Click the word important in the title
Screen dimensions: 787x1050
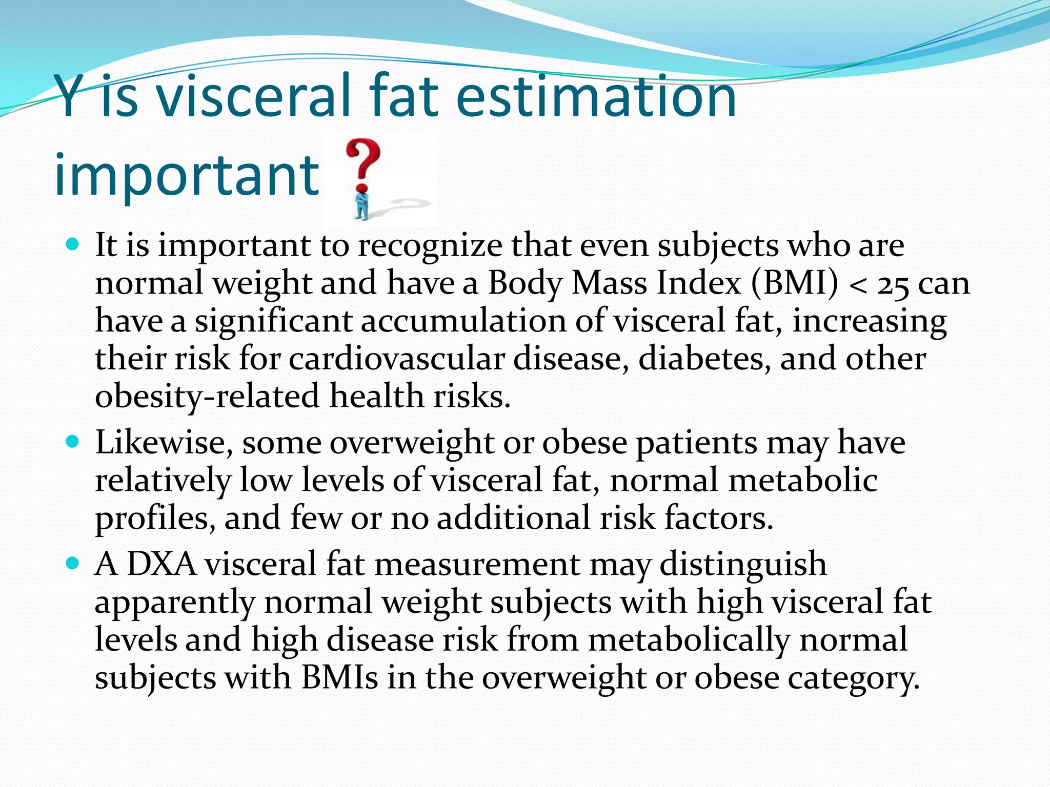click(x=187, y=174)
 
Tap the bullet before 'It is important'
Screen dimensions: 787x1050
click(x=73, y=243)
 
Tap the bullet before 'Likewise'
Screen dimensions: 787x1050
click(x=73, y=441)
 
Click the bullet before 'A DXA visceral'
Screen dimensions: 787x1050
click(x=73, y=564)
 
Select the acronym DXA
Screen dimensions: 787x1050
click(x=161, y=564)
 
